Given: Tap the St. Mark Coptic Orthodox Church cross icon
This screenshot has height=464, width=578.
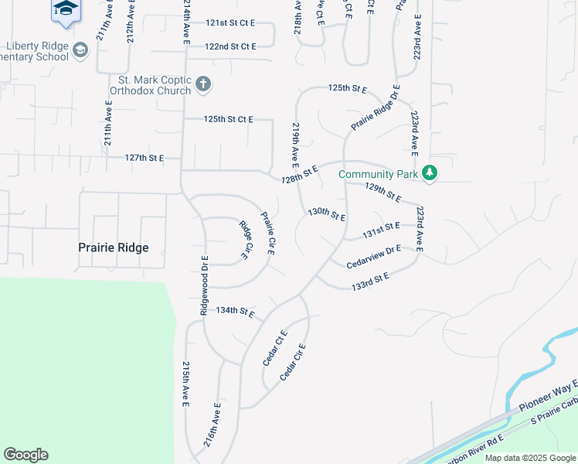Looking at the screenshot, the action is coord(202,84).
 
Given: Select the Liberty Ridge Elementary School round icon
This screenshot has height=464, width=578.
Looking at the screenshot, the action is coord(80,51).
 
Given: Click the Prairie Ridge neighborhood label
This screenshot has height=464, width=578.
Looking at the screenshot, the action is coord(113,248).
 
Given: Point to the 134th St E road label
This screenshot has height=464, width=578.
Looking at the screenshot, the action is coord(236,311).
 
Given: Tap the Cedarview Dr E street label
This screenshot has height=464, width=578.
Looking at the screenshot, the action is coord(374,255).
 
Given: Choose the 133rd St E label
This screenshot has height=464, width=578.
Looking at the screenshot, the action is coord(370,281).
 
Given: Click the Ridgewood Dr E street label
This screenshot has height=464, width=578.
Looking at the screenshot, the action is coord(205,285).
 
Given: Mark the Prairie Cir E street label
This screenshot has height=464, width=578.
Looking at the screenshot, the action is coord(268,234).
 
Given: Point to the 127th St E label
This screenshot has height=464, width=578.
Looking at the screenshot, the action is coord(144,158).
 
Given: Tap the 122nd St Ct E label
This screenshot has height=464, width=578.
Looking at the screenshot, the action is coord(230,46).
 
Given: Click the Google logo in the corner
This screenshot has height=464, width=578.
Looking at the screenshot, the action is coord(25,455).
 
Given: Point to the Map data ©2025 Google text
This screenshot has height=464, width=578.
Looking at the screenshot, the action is coord(530,458).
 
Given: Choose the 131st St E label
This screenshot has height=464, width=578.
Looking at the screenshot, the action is coord(382,229).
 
